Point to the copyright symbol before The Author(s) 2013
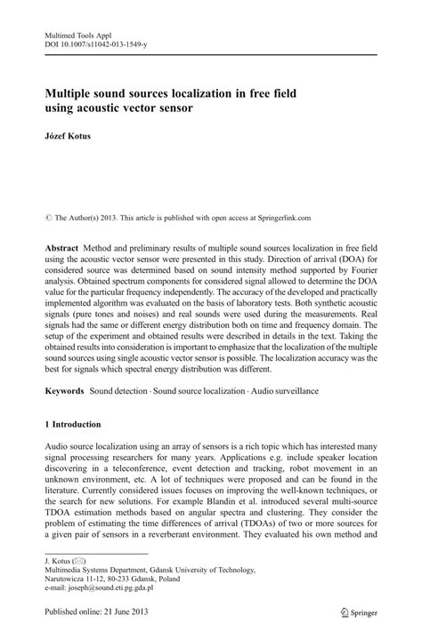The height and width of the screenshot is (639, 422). coord(48,190)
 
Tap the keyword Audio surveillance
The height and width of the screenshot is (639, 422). coord(283,391)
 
